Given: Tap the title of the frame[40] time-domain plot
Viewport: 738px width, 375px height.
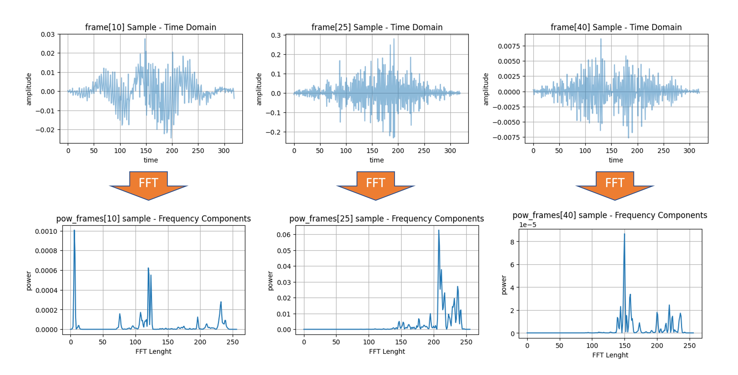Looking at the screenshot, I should (x=616, y=27).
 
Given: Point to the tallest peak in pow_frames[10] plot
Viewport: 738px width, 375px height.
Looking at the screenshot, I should (x=74, y=230).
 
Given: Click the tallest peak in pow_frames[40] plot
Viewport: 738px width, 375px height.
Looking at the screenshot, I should (x=624, y=234).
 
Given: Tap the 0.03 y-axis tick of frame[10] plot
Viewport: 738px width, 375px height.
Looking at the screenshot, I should (x=48, y=34).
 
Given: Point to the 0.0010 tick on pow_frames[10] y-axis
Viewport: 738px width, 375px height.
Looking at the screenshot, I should (x=46, y=231).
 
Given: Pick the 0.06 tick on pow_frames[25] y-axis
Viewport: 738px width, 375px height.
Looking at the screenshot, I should (x=283, y=235).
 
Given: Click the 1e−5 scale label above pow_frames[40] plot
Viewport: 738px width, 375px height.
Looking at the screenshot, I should (x=527, y=225).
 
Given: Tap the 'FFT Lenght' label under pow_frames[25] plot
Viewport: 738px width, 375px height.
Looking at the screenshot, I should (x=387, y=351).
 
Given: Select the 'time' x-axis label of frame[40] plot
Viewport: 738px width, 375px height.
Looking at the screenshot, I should (x=616, y=160).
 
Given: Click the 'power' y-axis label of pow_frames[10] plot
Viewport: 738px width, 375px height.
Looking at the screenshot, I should (x=28, y=281).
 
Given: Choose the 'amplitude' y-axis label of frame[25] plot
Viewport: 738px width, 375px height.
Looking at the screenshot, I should (x=259, y=89).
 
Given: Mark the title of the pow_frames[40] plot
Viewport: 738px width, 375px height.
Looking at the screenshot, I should (x=610, y=215).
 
